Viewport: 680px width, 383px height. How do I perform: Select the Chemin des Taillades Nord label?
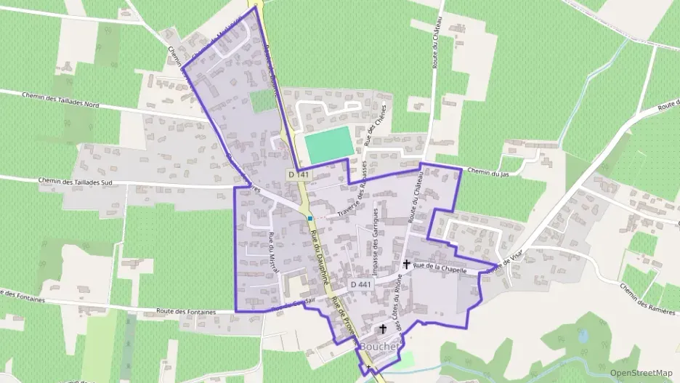pos(60,100)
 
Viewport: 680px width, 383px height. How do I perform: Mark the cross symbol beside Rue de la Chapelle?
pos(406,265)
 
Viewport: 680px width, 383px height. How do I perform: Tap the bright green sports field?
pos(329,145)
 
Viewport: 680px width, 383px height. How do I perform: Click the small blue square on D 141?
pos(310,218)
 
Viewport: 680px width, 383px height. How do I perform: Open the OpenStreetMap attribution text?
pos(641,373)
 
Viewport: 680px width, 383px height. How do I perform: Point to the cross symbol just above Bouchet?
pos(383,329)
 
